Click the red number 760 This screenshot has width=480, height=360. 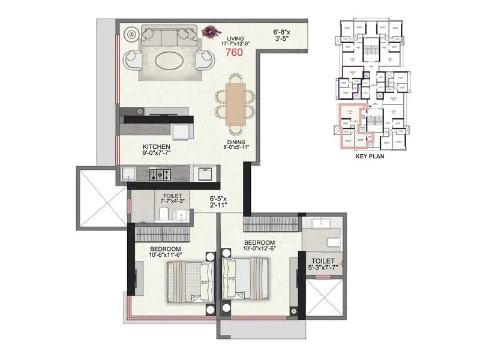click(233, 52)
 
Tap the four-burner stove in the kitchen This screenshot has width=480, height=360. click(161, 175)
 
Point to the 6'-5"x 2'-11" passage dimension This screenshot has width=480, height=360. click(222, 201)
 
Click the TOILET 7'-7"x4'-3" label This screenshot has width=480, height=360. click(176, 199)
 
